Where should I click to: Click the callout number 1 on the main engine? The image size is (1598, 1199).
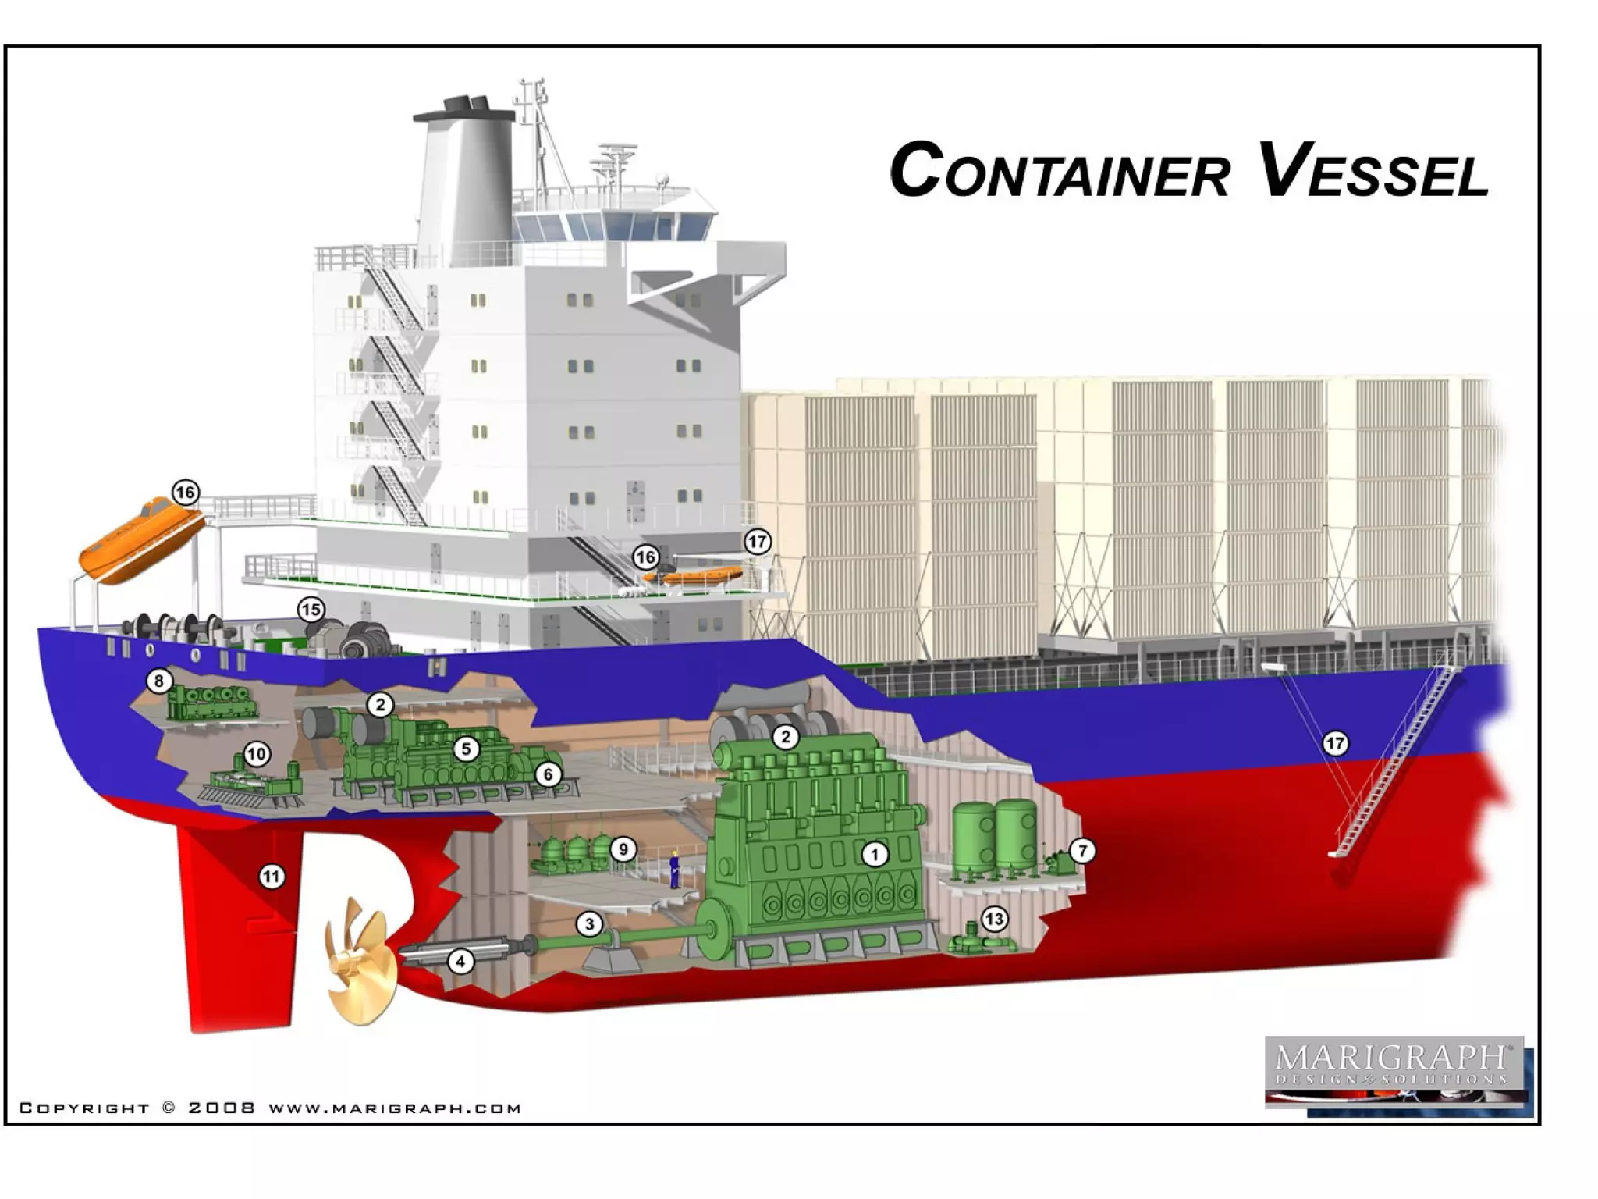point(875,855)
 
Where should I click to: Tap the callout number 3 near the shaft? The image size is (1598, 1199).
point(590,924)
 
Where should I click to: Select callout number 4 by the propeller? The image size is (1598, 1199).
point(460,961)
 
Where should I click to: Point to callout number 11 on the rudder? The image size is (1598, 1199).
point(271,877)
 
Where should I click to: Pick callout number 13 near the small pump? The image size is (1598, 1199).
point(993,920)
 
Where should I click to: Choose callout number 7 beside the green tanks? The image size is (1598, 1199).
point(1081,851)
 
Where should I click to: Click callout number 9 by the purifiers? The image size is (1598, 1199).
point(623,849)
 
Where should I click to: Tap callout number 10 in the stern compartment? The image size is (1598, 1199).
point(257,754)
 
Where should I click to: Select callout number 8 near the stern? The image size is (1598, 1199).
point(158,681)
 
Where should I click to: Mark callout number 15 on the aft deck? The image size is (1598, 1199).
point(311,610)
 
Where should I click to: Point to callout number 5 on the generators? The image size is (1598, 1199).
point(466,749)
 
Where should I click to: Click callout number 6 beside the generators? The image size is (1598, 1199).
point(548,774)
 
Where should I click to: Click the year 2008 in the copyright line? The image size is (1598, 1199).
point(222,1108)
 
